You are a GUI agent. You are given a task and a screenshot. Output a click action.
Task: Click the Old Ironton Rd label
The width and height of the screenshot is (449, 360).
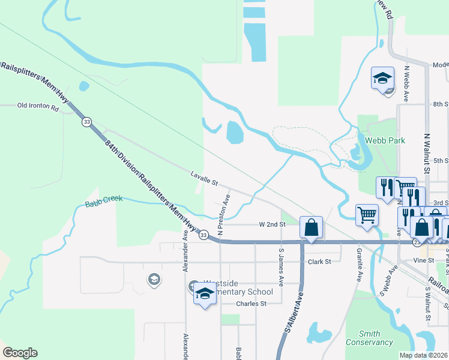point(38,108)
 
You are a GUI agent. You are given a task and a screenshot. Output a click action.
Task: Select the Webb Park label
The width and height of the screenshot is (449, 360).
point(385,140)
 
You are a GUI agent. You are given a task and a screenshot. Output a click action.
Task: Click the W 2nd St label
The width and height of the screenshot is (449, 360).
point(272,224)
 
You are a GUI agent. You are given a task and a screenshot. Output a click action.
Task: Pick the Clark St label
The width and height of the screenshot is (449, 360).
point(319,262)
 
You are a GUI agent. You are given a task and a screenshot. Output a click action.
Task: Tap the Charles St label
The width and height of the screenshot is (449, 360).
point(251,304)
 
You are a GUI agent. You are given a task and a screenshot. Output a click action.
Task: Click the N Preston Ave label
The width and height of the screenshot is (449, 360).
point(224,214)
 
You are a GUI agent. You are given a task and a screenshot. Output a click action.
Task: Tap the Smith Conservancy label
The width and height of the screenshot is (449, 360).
point(369,338)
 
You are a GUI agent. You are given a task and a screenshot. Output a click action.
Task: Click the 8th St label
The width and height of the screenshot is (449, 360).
point(440,104)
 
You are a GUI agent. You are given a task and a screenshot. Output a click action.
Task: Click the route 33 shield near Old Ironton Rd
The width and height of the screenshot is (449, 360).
point(87,122)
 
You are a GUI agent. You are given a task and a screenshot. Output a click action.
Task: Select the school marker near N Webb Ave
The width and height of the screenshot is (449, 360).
point(382,78)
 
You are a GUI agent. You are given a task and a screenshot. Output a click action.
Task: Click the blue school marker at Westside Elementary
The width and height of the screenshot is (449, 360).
point(205,294)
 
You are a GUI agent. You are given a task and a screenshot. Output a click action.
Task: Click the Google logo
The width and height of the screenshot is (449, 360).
point(20,353)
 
